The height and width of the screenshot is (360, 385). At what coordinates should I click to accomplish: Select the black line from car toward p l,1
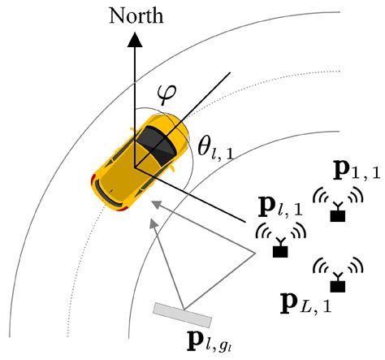pyautogui.click(x=195, y=196)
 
